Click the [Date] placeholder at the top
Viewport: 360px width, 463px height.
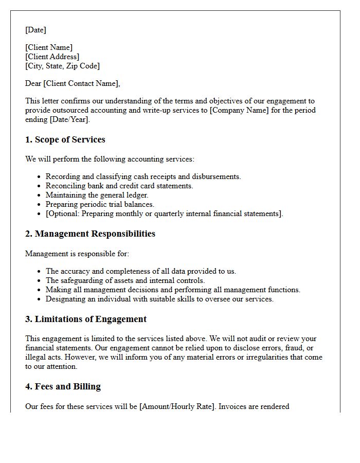(35, 30)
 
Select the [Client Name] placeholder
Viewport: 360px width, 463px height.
(49, 47)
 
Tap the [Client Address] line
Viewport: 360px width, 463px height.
(52, 57)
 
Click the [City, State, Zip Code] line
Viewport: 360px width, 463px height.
(62, 66)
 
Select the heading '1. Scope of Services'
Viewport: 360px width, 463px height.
(65, 139)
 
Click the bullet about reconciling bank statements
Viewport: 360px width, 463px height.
(119, 186)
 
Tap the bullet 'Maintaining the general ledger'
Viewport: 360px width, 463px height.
(97, 195)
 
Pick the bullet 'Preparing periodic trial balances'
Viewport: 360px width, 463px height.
(100, 204)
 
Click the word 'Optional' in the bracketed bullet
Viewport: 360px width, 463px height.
(63, 213)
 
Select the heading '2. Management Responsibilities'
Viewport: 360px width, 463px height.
(90, 234)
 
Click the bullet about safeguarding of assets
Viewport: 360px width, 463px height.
(125, 280)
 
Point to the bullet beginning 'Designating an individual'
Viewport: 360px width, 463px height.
(159, 299)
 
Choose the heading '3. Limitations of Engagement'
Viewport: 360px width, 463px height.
(86, 319)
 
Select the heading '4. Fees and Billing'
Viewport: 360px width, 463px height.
(63, 386)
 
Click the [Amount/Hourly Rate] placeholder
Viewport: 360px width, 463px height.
(177, 406)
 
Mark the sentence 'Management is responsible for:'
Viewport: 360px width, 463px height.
(77, 254)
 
